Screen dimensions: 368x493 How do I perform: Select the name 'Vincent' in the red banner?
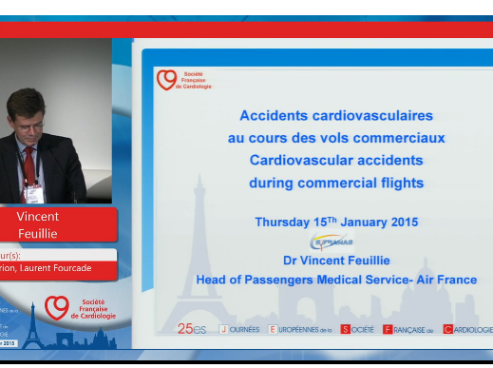(37, 216)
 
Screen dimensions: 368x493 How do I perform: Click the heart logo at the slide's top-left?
(166, 80)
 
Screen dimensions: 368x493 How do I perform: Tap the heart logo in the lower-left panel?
(57, 306)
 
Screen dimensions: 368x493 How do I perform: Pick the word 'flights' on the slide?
(399, 182)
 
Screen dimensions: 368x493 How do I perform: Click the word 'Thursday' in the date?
(282, 222)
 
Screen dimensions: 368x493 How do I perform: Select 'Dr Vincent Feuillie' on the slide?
(336, 259)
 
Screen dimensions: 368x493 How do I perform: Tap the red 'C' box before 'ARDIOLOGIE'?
(447, 329)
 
